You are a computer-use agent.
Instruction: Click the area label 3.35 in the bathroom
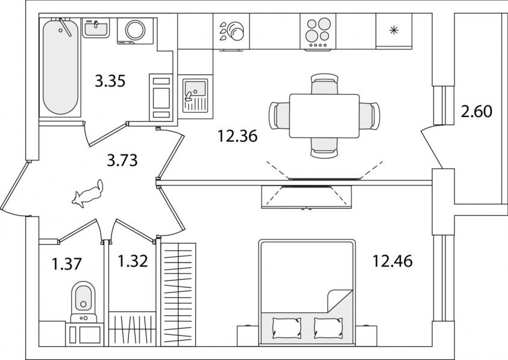pos(110,81)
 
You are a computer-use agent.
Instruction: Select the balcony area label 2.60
pos(477,112)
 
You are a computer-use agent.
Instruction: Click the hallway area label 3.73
pos(122,160)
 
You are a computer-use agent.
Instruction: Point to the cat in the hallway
pos(87,193)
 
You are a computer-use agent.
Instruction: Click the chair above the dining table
pos(324,84)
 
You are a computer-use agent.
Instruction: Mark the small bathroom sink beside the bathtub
pos(95,28)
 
